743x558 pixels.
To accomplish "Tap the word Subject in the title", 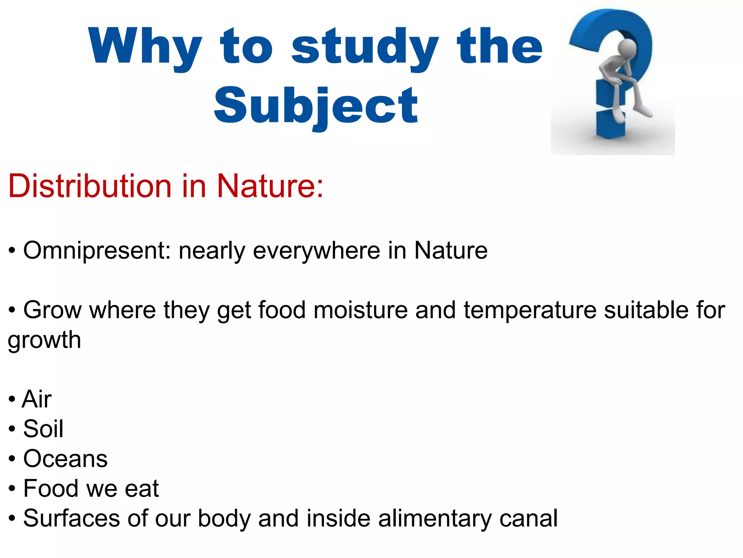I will coord(316,106).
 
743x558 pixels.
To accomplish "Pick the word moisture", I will coord(360,310).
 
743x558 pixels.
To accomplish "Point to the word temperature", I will coord(530,310).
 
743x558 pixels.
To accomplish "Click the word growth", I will coord(44,340).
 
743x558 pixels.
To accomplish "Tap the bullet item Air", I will coord(37,399).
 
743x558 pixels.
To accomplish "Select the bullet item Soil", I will coord(43,429).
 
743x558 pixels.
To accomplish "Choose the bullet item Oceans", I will coord(65,459).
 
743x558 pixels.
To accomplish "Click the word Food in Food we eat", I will coord(51,489).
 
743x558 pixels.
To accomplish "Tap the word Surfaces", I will coord(71,518).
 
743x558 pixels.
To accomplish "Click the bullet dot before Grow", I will coord(12,311).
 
